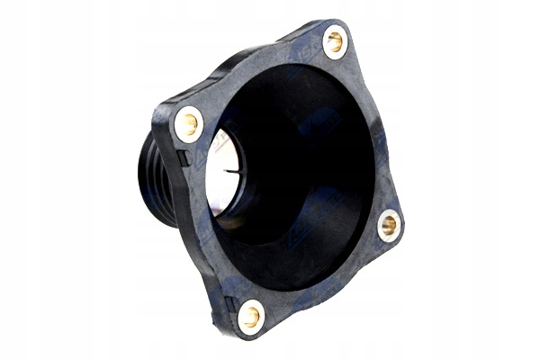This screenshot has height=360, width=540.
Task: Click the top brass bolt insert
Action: click(335, 40)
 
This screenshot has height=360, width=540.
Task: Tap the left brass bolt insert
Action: click(189, 124)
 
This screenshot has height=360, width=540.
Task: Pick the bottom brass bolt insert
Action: click(250, 315)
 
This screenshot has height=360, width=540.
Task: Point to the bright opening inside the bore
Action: click(221, 171)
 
